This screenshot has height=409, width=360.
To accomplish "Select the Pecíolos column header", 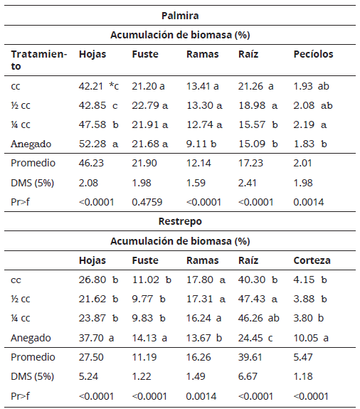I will pyautogui.click(x=313, y=54).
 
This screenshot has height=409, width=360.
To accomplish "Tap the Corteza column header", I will pyautogui.click(x=312, y=260).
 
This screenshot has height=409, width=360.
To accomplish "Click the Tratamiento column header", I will pyautogui.click(x=38, y=60).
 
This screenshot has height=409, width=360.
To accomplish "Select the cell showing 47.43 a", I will pyautogui.click(x=258, y=299).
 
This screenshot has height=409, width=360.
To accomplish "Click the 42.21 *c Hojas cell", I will pyautogui.click(x=99, y=87).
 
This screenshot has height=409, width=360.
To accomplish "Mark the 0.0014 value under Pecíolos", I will pyautogui.click(x=309, y=202).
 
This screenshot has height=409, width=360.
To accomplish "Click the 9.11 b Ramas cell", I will pyautogui.click(x=202, y=144).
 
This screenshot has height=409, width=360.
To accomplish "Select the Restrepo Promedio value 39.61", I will pyautogui.click(x=252, y=356).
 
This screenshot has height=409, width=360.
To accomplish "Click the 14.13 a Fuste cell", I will pyautogui.click(x=149, y=337).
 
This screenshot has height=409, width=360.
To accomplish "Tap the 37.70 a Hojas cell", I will pyautogui.click(x=99, y=337).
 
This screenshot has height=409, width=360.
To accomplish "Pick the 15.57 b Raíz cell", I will pyautogui.click(x=258, y=125).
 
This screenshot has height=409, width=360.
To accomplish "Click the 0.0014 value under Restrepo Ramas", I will pyautogui.click(x=201, y=395).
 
